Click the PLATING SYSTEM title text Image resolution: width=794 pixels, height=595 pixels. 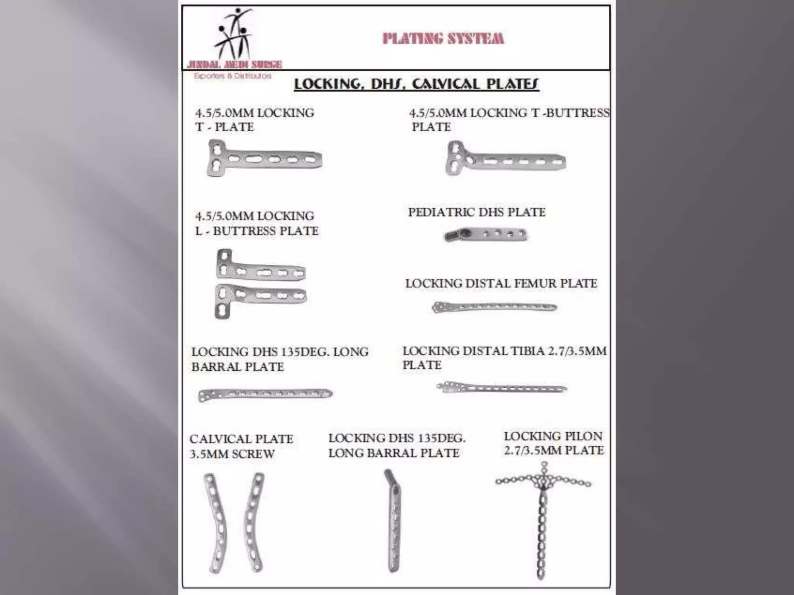pos(443,39)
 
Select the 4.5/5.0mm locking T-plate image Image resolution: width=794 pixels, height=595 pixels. pos(264,158)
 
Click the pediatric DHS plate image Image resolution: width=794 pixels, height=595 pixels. pos(485,234)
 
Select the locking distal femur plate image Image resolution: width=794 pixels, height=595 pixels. pos(494,307)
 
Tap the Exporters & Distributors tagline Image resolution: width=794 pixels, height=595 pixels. pos(233,76)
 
